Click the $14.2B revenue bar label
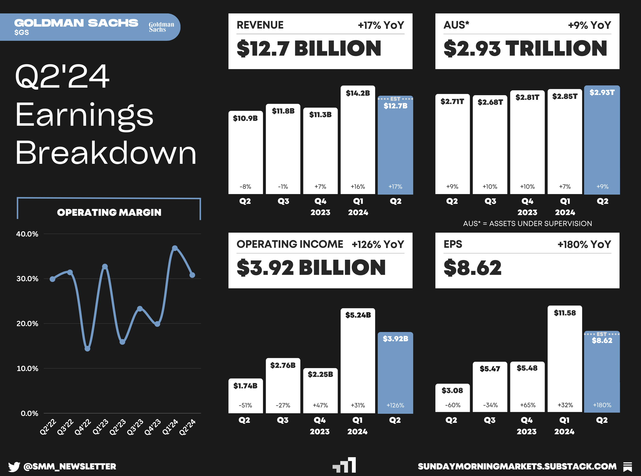358,93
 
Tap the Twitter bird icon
14,466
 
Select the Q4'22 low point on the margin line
87,349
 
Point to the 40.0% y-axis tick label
27,234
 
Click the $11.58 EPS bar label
565,313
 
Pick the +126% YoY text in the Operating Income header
378,245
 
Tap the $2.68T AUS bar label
490,102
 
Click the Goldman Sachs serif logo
161,27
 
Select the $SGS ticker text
22,32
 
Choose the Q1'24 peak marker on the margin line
175,248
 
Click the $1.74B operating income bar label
245,386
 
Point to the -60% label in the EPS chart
452,405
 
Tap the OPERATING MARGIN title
109,213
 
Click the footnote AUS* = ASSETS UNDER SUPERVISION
527,224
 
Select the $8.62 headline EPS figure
473,268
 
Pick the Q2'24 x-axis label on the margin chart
187,427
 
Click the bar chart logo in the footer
344,465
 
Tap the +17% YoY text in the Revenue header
381,25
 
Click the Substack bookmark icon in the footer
628,467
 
